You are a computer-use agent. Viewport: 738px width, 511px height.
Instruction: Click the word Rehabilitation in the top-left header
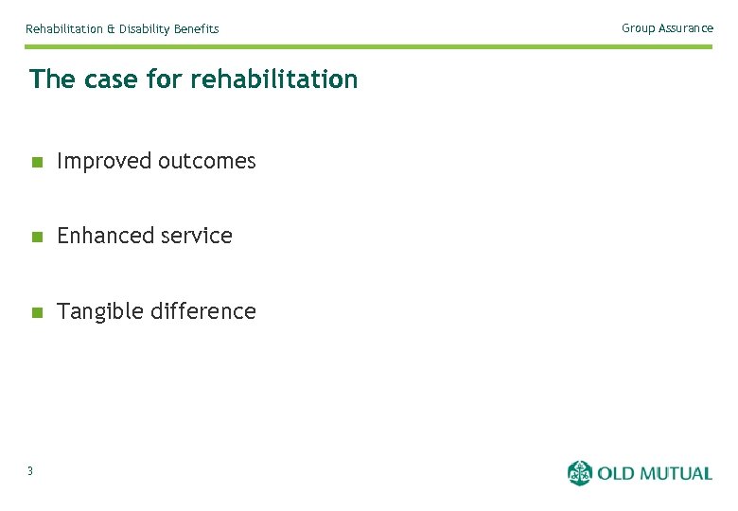64,29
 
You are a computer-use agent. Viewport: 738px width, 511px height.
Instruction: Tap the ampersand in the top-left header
111,29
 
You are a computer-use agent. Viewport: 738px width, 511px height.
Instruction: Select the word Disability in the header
144,29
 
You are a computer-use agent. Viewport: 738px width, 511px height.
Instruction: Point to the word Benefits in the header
196,29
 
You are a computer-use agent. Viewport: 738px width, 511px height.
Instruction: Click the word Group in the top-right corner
638,28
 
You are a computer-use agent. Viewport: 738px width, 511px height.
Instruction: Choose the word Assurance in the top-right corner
686,28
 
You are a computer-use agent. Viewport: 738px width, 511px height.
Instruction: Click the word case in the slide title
110,79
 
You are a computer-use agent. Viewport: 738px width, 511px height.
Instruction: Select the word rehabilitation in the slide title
273,79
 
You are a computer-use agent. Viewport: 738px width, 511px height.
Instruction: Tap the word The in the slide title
51,79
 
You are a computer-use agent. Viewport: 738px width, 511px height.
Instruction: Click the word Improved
104,162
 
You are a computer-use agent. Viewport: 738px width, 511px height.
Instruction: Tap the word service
196,236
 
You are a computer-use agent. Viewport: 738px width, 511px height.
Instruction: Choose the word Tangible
101,311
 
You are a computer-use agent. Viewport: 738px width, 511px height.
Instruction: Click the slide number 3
30,472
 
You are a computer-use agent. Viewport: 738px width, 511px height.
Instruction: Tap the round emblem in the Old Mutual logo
579,472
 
